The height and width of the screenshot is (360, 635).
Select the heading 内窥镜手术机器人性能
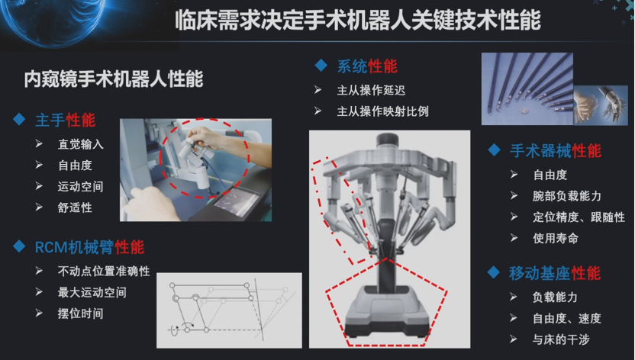click(x=114, y=79)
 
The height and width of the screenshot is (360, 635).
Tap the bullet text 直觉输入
click(x=81, y=144)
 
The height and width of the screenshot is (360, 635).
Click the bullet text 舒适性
click(x=75, y=207)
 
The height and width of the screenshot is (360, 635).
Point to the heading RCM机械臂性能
click(x=89, y=247)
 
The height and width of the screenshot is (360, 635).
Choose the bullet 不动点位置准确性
click(x=104, y=271)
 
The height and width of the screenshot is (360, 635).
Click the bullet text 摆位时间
click(x=81, y=313)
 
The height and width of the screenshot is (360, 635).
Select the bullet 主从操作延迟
click(x=371, y=90)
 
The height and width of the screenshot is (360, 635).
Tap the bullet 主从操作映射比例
click(x=382, y=111)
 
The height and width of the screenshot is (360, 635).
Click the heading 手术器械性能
click(x=556, y=151)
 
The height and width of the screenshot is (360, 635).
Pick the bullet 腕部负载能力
click(x=567, y=196)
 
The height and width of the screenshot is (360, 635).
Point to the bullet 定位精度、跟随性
click(x=579, y=217)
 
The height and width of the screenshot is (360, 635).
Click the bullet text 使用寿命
click(x=556, y=238)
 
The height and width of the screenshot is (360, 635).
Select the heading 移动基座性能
click(x=555, y=274)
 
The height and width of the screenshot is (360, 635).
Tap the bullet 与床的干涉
click(x=561, y=339)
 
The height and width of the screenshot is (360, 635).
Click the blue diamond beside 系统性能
click(x=321, y=65)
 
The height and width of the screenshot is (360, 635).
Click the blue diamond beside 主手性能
click(x=19, y=119)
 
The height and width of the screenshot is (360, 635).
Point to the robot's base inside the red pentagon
click(x=387, y=311)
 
